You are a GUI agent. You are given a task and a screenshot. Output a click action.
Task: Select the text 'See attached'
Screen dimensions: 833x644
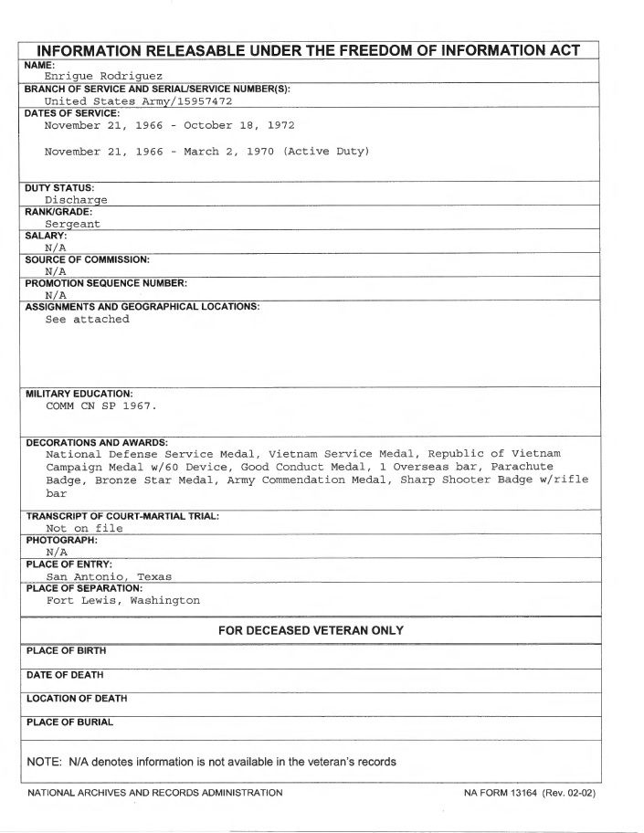click(x=88, y=319)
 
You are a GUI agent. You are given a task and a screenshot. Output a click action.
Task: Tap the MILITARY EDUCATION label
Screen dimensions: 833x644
click(x=72, y=392)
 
